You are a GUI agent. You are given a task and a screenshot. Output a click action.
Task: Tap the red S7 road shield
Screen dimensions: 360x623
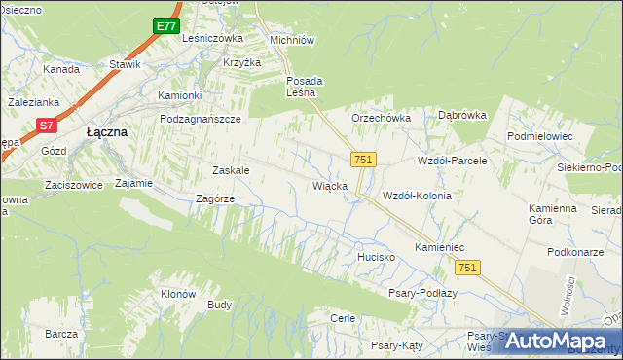click(47, 126)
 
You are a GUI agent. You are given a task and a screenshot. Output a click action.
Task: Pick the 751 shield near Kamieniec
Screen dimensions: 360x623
click(468, 268)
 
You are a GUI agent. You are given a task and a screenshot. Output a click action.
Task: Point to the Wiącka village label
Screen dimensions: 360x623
click(329, 185)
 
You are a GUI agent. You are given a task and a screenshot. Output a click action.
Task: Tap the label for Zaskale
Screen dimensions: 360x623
click(231, 170)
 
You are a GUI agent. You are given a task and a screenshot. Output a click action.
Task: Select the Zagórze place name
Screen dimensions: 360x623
click(215, 198)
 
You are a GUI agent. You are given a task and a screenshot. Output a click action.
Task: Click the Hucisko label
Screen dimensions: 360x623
click(374, 257)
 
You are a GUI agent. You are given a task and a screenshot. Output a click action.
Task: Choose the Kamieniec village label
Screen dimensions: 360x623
click(443, 248)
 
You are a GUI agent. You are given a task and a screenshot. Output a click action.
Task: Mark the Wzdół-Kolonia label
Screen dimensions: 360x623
click(418, 196)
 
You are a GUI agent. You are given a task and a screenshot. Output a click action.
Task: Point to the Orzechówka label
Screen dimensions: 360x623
click(382, 118)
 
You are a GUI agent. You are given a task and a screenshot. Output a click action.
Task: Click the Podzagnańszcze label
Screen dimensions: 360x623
click(200, 118)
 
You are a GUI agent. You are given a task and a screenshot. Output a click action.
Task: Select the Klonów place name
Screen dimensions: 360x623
click(178, 294)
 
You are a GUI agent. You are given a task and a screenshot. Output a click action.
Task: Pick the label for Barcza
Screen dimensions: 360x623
click(60, 334)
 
